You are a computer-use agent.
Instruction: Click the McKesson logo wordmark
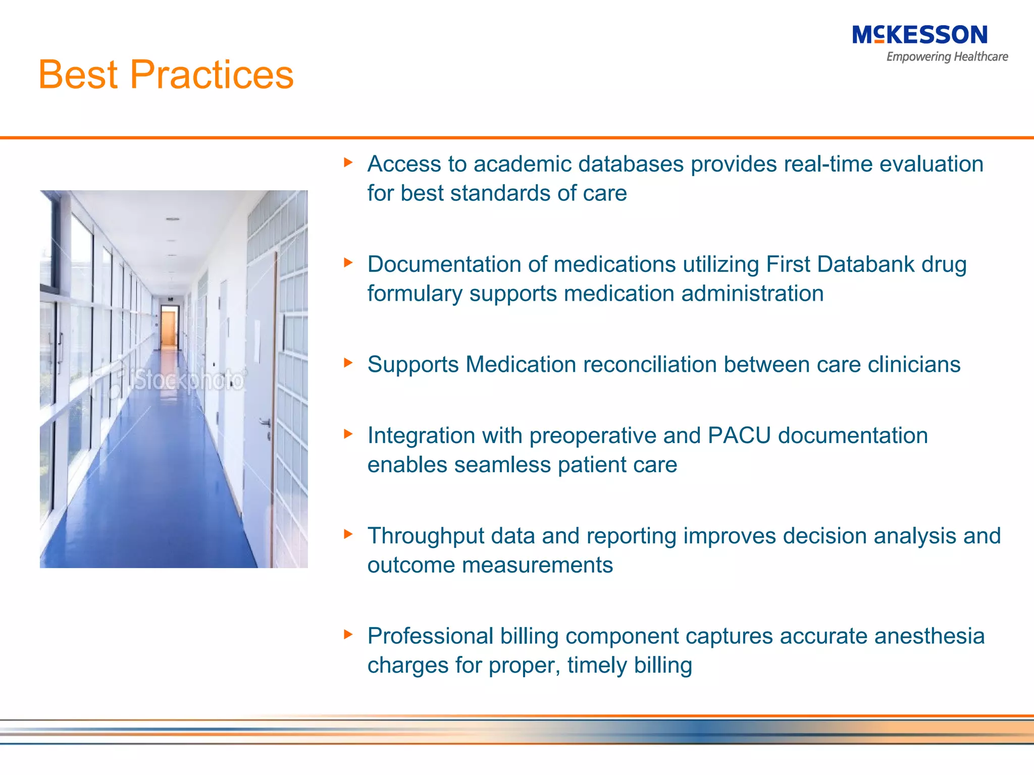(919, 35)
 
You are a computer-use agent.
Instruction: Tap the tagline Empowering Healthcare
(947, 57)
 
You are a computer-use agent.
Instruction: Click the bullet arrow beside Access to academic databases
(348, 162)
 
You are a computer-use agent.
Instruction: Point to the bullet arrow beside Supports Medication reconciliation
(348, 362)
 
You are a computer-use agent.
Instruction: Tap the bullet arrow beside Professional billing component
(348, 634)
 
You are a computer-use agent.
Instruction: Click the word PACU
(739, 435)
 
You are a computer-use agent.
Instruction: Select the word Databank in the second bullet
(865, 264)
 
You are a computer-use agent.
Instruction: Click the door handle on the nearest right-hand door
(265, 422)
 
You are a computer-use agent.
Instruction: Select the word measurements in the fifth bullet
(537, 565)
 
